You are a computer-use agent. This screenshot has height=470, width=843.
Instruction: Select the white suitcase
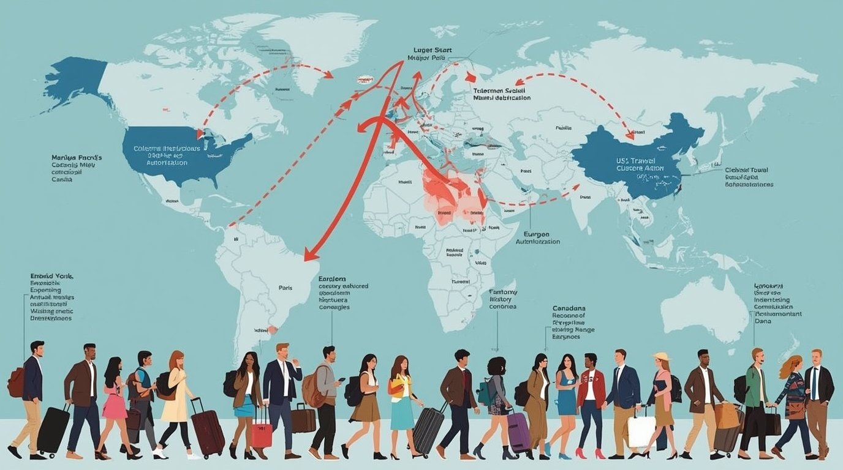coord(641,431)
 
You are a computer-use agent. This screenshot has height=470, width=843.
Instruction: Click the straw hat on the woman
coord(661,357)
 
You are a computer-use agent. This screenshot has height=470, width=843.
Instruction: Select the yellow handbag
coord(396,386)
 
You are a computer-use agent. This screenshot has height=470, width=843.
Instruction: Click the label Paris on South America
coord(285,287)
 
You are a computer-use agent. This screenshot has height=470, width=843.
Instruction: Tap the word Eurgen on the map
coord(536,234)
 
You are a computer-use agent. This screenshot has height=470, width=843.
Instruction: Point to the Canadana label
coord(569,308)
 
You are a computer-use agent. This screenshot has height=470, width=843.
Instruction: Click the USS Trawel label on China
coord(637,160)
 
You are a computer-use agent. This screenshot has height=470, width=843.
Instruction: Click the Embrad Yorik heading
coord(51,276)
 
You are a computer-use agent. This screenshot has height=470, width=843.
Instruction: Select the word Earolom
coord(332,278)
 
